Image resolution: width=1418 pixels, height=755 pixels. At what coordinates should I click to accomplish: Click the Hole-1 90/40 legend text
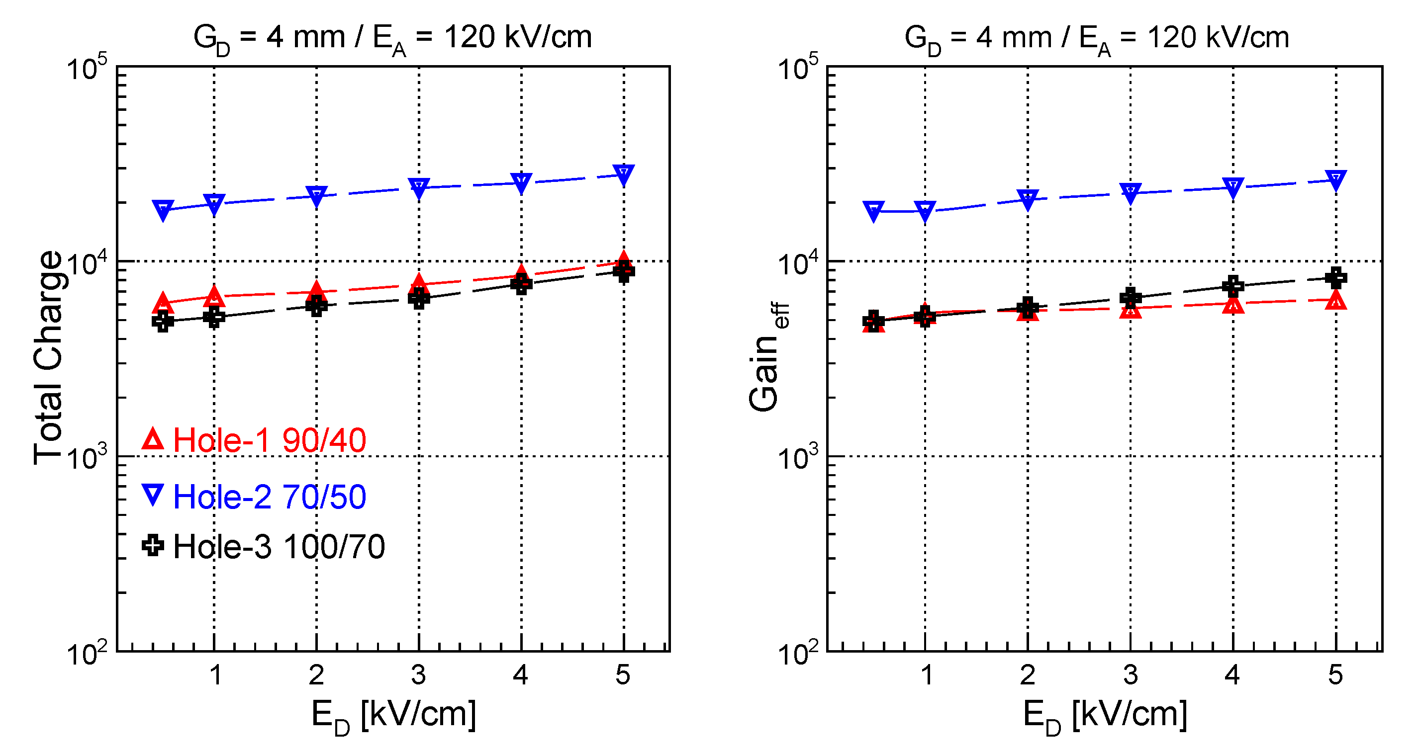[x=269, y=441]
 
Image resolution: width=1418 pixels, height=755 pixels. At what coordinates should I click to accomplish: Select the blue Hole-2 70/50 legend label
[x=269, y=497]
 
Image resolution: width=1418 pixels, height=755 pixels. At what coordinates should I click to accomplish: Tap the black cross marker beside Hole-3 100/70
[x=153, y=546]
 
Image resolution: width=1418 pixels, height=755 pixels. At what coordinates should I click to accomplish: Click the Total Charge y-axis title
[x=48, y=358]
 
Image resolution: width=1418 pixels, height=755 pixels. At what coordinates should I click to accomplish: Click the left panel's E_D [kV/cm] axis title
[x=393, y=716]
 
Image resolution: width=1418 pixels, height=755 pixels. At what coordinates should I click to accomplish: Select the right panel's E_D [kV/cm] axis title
[x=1104, y=716]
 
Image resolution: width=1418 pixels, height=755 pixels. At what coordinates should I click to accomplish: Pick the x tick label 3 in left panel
[x=418, y=675]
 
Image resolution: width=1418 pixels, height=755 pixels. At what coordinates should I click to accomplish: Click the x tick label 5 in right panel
[x=1335, y=675]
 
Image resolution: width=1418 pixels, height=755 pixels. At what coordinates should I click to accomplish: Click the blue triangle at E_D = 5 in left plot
[x=623, y=174]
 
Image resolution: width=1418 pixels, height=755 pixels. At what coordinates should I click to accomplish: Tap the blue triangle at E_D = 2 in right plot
[x=1028, y=199]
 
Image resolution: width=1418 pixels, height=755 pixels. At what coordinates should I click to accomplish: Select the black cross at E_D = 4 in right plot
[x=1233, y=286]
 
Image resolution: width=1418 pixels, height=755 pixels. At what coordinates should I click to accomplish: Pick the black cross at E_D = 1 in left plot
[x=214, y=317]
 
